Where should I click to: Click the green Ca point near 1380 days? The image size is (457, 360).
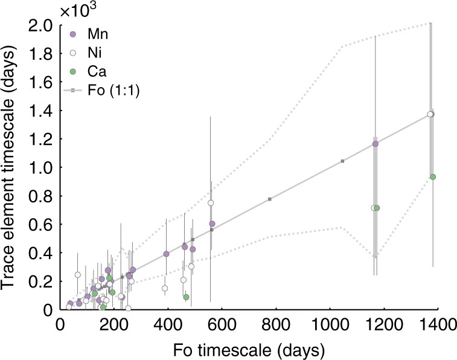point(433,177)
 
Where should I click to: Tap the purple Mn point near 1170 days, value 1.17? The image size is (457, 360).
point(375,144)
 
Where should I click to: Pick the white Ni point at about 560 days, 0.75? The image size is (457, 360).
point(211,203)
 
